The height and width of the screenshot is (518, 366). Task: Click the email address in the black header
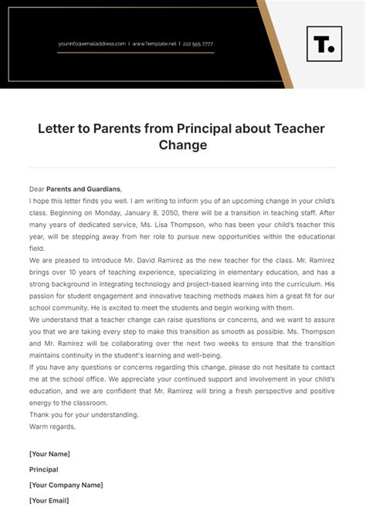[x=91, y=44]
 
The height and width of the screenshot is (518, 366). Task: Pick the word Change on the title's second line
[x=182, y=144]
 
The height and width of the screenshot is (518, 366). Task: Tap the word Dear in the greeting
[x=36, y=188]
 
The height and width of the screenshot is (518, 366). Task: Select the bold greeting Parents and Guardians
[x=83, y=188]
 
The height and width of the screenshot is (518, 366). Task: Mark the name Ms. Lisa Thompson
[x=160, y=227]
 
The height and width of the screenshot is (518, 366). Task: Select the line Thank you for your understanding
[x=83, y=414]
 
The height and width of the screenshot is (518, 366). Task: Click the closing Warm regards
[x=53, y=426]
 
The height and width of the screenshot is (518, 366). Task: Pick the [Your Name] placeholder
[x=49, y=453]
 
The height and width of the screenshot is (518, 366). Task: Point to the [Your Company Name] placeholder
[x=66, y=485]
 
